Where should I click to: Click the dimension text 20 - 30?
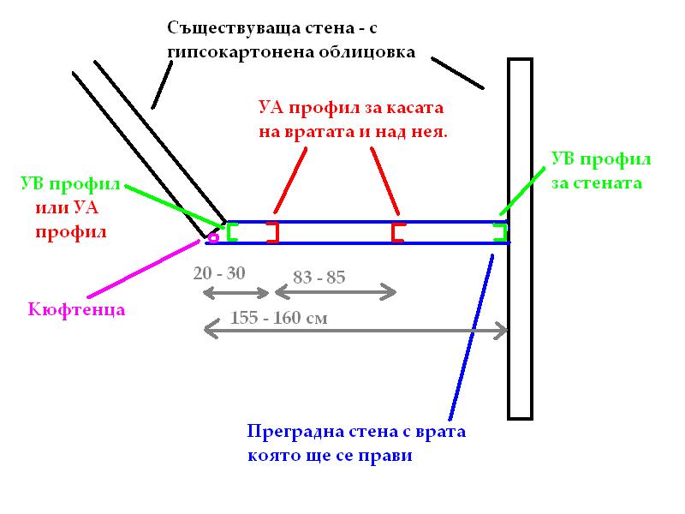[219, 273]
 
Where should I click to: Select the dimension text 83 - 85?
[319, 277]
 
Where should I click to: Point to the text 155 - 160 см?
[278, 318]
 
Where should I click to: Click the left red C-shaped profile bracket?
[273, 232]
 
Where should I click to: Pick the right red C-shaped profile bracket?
[397, 232]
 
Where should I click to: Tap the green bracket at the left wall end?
[231, 232]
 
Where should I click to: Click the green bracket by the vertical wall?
[501, 232]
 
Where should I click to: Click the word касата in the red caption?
[421, 110]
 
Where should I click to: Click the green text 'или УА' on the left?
[64, 208]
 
